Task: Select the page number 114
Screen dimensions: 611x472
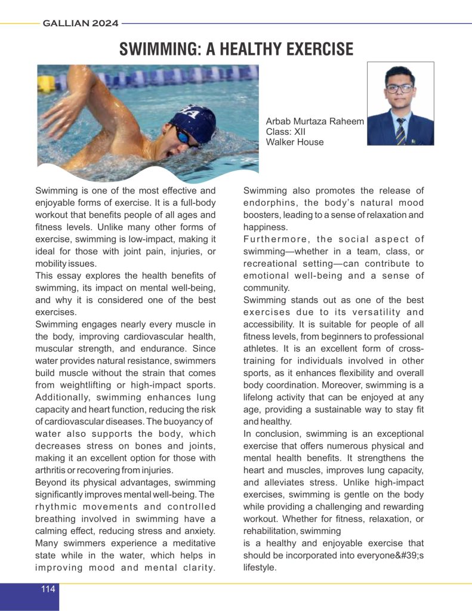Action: point(48,589)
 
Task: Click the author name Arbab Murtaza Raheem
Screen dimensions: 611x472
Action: point(315,121)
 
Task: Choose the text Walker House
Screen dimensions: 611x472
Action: point(295,142)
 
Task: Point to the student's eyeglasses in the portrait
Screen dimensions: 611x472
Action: point(399,88)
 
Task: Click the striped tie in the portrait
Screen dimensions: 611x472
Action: point(400,128)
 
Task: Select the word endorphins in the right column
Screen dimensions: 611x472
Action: point(267,203)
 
